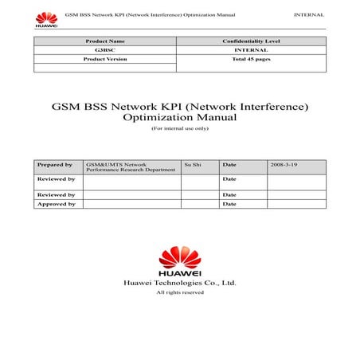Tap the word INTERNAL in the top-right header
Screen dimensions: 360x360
308,15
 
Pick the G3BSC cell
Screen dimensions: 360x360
104,49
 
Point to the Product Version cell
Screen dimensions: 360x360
104,58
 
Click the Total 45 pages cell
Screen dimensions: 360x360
249,58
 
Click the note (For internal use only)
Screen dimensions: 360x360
179,128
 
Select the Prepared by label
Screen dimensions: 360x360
54,165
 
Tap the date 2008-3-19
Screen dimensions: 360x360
284,165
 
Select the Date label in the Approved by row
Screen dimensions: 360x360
229,204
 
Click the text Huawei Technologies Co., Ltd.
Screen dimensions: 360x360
179,283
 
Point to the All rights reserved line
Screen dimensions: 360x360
179,292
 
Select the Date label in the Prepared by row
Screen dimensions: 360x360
229,165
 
